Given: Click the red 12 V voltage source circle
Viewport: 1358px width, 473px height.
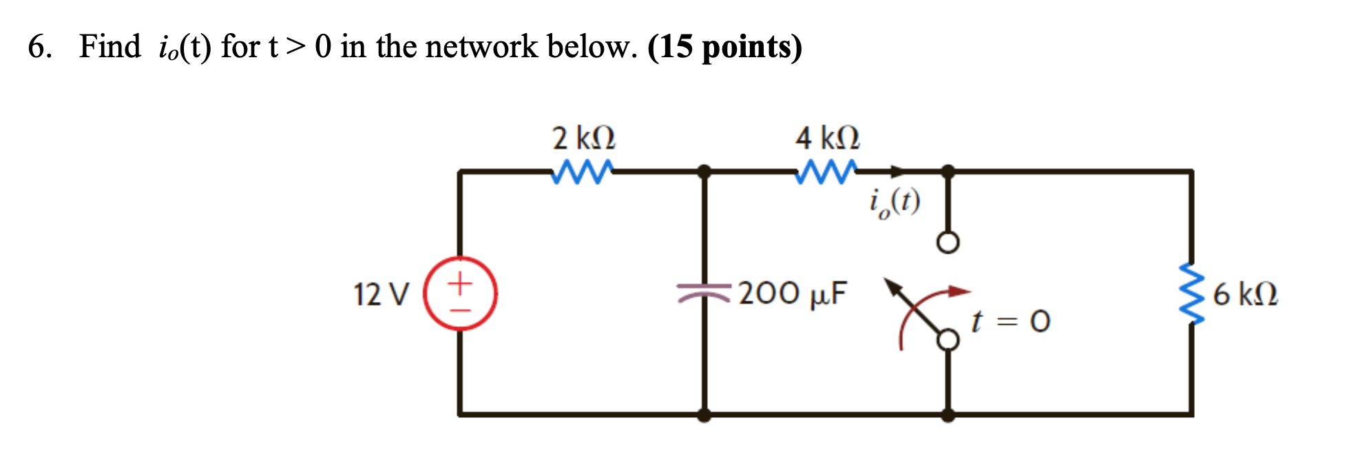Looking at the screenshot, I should pos(460,294).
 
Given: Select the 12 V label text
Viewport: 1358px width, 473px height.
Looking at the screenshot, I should pos(381,294).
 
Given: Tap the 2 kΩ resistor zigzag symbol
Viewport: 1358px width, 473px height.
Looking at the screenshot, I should pos(582,172).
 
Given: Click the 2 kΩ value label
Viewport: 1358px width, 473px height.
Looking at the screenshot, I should pos(584,138).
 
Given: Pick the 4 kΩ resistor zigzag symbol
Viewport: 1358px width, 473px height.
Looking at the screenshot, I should pos(826,172).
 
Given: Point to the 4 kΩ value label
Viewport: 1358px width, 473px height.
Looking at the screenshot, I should pos(827,138).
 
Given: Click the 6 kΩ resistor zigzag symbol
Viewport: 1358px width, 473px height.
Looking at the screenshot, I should pos(1192,293).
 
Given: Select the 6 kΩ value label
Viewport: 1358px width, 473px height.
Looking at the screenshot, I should pos(1245,294).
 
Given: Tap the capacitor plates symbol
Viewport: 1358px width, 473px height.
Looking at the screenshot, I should pos(703,293).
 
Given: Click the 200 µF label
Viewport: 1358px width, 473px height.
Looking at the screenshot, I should pos(793,293).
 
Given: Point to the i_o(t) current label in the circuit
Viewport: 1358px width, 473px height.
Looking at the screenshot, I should pos(894,202).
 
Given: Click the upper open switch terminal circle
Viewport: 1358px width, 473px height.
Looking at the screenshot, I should pos(948,243).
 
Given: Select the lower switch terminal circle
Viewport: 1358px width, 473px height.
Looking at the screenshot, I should pos(948,339).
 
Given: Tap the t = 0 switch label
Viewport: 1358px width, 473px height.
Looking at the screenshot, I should pos(1010,321).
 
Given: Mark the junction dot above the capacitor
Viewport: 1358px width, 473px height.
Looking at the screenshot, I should pos(704,171).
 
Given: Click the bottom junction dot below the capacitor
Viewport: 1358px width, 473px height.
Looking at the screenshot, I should pos(704,415).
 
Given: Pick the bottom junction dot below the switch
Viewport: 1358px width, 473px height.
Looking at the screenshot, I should pos(948,415).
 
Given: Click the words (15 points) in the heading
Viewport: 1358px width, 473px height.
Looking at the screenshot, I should pos(724,47).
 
